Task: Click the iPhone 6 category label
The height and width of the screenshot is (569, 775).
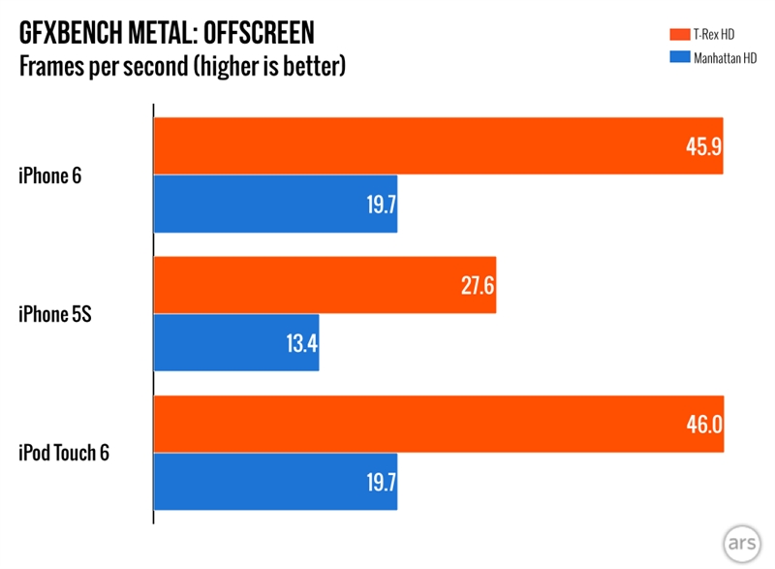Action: pyautogui.click(x=50, y=175)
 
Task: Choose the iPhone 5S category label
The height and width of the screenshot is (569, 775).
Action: pyautogui.click(x=55, y=314)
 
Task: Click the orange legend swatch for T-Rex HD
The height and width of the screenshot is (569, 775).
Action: pyautogui.click(x=676, y=35)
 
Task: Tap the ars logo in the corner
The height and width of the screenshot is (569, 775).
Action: pyautogui.click(x=741, y=540)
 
